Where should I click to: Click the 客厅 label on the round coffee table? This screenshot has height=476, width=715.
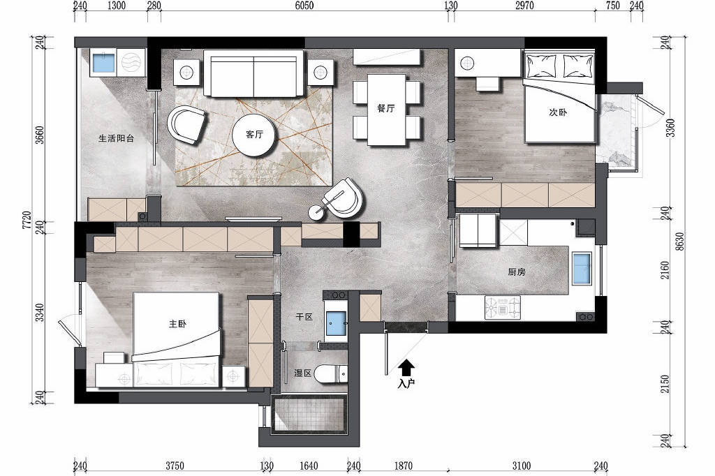point(254,135)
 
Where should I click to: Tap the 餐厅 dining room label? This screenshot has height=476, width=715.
point(385,108)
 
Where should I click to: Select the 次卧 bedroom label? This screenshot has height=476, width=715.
point(558,112)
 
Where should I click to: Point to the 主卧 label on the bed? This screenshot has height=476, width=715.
point(177,324)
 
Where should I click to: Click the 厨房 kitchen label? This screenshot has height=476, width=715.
point(517,272)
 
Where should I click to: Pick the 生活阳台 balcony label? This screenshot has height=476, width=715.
point(117,138)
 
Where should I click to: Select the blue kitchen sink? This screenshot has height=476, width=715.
point(582,268)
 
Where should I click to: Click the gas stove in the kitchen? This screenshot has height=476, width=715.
point(503,307)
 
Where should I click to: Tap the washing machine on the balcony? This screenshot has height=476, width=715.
point(131,62)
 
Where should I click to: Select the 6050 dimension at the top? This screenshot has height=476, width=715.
point(304,6)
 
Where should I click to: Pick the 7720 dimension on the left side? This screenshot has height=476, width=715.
point(27,220)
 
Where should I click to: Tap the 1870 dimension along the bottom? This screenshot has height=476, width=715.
point(404,466)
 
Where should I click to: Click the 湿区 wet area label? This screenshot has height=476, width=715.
point(303,373)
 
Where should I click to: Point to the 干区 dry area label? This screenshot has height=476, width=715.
point(304,316)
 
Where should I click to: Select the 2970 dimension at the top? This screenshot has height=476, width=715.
point(524,6)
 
